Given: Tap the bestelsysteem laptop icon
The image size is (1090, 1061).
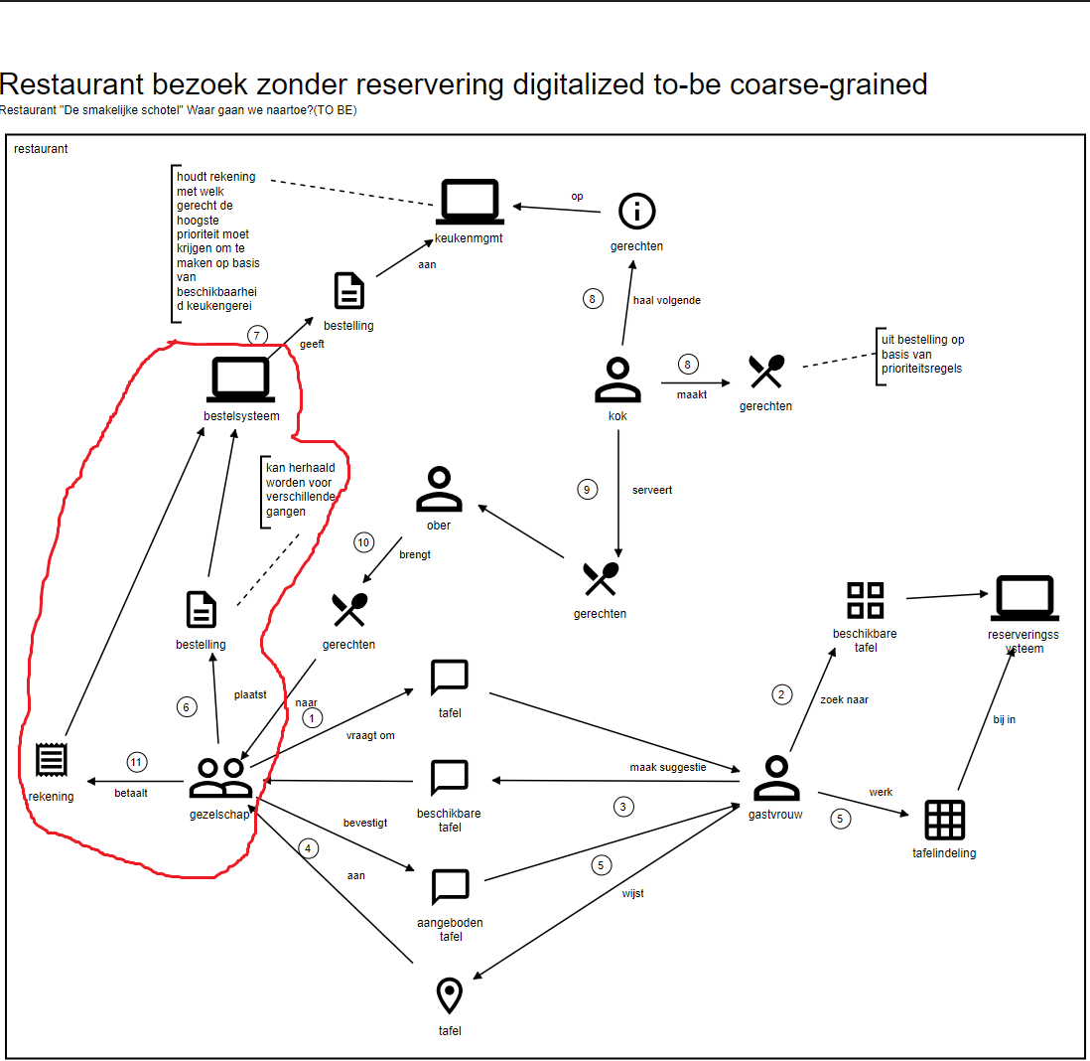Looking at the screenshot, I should [240, 380].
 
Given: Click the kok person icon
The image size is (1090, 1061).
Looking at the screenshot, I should [617, 379].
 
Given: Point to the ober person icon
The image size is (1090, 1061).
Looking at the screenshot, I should [438, 489].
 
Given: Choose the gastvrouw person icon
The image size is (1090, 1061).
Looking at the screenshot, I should [775, 779].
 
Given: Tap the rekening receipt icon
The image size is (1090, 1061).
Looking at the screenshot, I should [51, 762].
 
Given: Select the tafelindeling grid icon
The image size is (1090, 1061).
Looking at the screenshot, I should [944, 820].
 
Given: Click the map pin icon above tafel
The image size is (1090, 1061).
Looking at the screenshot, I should [450, 995].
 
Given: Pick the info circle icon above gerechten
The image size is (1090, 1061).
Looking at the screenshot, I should [637, 212].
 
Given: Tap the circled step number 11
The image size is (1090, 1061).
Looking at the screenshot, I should [137, 763].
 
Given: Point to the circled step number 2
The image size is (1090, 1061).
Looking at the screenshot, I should [782, 694].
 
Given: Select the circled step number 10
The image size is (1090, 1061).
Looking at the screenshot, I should [364, 542].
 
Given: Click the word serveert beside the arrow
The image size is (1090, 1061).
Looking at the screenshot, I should [652, 490].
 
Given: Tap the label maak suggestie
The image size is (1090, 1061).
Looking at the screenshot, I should [667, 768].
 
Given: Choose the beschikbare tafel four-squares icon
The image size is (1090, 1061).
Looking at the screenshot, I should [865, 600].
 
